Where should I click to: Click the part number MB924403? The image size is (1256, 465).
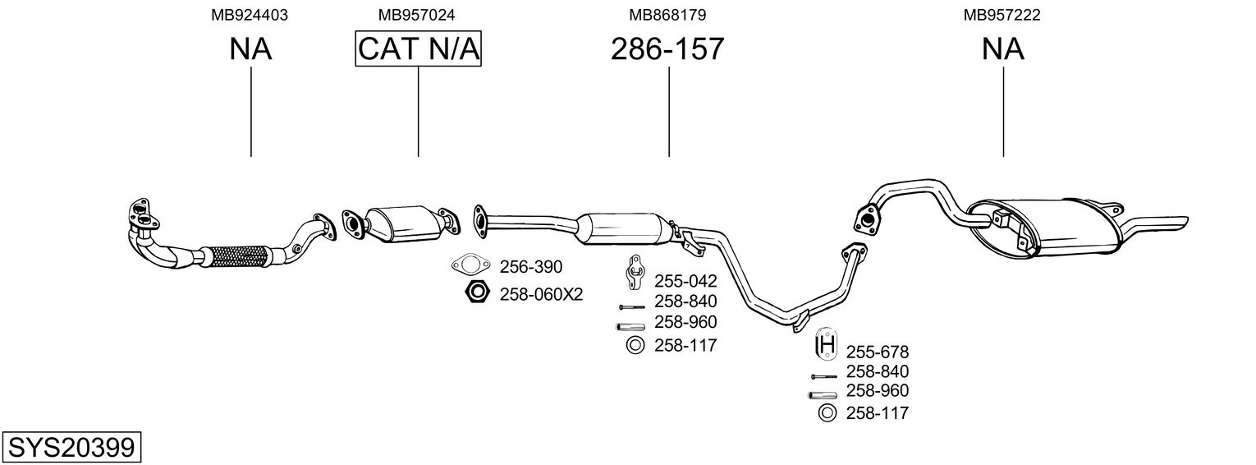coord(250,15)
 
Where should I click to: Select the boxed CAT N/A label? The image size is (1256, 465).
coord(419,48)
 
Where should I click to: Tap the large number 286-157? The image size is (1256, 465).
coord(667,48)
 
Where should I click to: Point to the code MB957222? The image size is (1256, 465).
coord(1002,15)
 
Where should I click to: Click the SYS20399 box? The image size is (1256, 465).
coord(71,448)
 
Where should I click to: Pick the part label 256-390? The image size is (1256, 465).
coord(531,267)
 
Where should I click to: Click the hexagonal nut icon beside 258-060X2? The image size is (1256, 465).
coord(477,292)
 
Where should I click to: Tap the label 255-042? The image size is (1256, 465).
coord(685,281)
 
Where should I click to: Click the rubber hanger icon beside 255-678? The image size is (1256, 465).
coord(827,343)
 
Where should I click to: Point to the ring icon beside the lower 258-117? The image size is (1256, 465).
coord(827,413)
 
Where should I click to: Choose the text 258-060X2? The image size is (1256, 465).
coord(542,294)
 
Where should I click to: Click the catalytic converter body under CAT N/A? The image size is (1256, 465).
coord(403,223)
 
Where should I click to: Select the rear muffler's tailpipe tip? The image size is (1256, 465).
coord(1185,223)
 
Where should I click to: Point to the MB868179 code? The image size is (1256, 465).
coord(667,15)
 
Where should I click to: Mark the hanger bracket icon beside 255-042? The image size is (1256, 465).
coord(635,273)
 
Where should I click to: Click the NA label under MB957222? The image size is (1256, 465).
coord(1002,48)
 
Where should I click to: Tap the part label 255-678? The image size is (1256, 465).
coord(878,352)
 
